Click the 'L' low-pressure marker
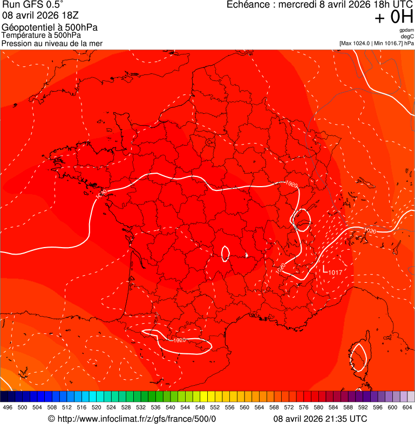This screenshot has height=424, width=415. coord(325,268)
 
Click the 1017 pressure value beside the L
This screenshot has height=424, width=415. coord(336,271)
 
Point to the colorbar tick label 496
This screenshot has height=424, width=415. coord(8,407)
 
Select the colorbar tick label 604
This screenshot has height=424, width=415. coord(407,407)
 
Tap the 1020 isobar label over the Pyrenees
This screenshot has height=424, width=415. coord(180,340)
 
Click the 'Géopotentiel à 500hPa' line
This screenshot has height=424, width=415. coord(50,28)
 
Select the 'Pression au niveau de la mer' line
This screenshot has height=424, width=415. coord(52,43)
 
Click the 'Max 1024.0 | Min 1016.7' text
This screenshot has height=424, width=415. coord(371,43)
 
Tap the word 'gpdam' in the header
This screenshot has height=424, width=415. coord(407,30)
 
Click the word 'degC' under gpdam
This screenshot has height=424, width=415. coord(407,36)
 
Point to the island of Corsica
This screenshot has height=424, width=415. coord(358,357)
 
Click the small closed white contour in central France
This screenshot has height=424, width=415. coord(226,253)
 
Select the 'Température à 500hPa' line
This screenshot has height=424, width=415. coord(42,36)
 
